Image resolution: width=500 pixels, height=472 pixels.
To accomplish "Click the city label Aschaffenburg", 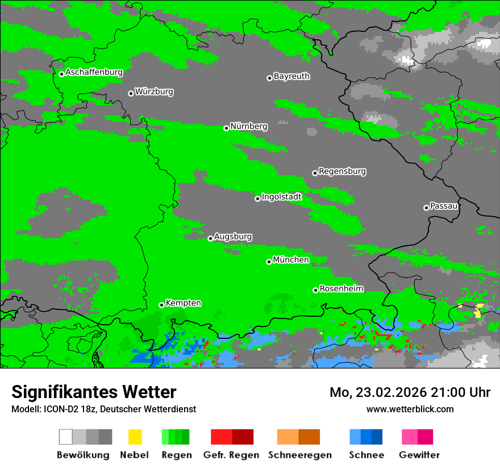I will coord(94,73).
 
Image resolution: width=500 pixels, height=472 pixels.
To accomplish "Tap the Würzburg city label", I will coord(154,92).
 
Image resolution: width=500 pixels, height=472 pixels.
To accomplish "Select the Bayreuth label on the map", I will coord(291,76).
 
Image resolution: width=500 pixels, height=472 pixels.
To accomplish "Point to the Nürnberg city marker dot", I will coord(226,128).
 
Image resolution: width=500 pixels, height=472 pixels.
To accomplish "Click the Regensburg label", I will coord(342,171).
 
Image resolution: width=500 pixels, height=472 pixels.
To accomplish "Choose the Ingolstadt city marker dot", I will coord(257,198).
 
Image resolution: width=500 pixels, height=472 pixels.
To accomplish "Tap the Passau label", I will coord(444,206).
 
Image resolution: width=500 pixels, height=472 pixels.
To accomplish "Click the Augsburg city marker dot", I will coord(210,238).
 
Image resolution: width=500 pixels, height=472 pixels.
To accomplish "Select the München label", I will coord(291,260).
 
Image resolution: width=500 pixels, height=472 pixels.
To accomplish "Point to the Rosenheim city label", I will coord(341,289).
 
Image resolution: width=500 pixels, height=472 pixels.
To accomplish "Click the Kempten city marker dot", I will coord(161,305).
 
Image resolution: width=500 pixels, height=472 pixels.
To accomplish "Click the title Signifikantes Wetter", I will coord(94,392).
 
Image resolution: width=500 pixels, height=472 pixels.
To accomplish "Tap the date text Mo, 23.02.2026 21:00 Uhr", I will coord(410,392).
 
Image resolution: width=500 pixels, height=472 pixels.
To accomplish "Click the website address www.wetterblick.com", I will coord(410,409).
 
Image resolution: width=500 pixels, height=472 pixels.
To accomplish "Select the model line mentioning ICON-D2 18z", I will coord(103,409).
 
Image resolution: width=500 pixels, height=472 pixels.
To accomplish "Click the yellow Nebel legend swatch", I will coord(135,437).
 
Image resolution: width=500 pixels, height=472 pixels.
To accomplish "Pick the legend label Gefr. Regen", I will coord(231,455).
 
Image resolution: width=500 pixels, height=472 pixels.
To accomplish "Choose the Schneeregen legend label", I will coord(299,455).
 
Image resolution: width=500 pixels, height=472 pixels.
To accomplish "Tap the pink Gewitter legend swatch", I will coord(410,437).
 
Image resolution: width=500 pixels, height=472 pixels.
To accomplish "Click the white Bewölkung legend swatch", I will coord(66,437).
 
